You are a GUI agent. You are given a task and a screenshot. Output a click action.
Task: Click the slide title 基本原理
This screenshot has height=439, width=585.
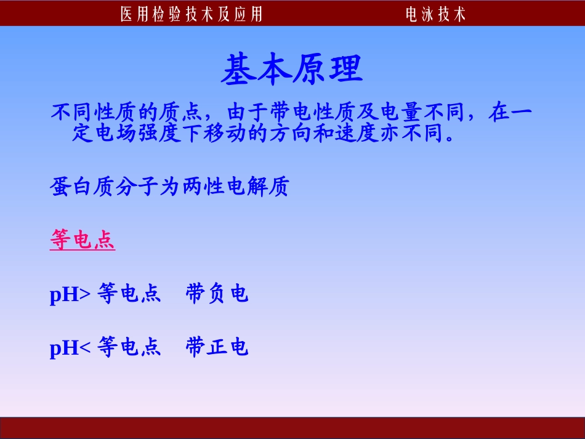(x=292, y=69)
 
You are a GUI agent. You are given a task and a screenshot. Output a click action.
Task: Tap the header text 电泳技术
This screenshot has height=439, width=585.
(x=436, y=14)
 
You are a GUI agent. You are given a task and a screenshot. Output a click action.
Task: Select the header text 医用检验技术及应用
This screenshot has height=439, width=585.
(x=192, y=14)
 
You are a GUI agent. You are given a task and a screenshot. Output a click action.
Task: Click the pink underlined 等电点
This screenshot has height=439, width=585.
(x=83, y=241)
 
